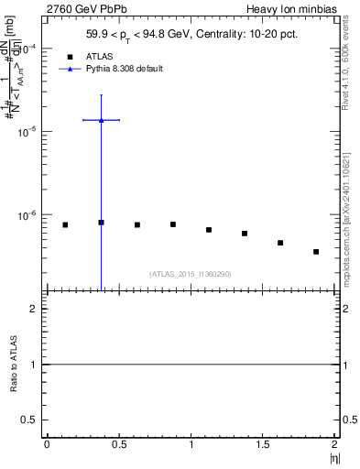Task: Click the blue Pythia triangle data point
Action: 101,120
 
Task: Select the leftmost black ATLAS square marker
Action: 65,224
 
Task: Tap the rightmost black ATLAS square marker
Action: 316,252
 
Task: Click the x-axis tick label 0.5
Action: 118,444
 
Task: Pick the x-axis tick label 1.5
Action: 263,444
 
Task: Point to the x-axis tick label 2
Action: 335,444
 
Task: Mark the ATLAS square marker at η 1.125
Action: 209,230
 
